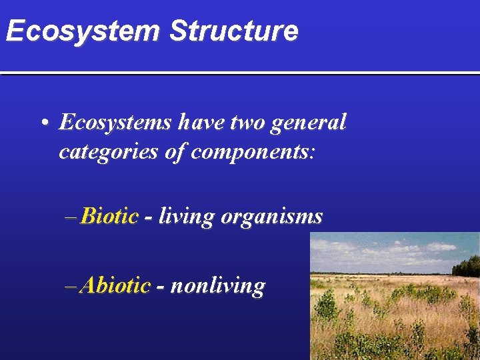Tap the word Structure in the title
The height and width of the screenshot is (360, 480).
coord(233,31)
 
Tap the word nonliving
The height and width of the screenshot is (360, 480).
coord(218,287)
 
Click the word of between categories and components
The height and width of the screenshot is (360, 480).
coord(175,152)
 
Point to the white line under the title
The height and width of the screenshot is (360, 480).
coord(240,72)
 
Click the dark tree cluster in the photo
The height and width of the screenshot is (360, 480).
coord(466,266)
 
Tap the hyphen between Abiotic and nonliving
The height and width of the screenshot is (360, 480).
coord(160,287)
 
